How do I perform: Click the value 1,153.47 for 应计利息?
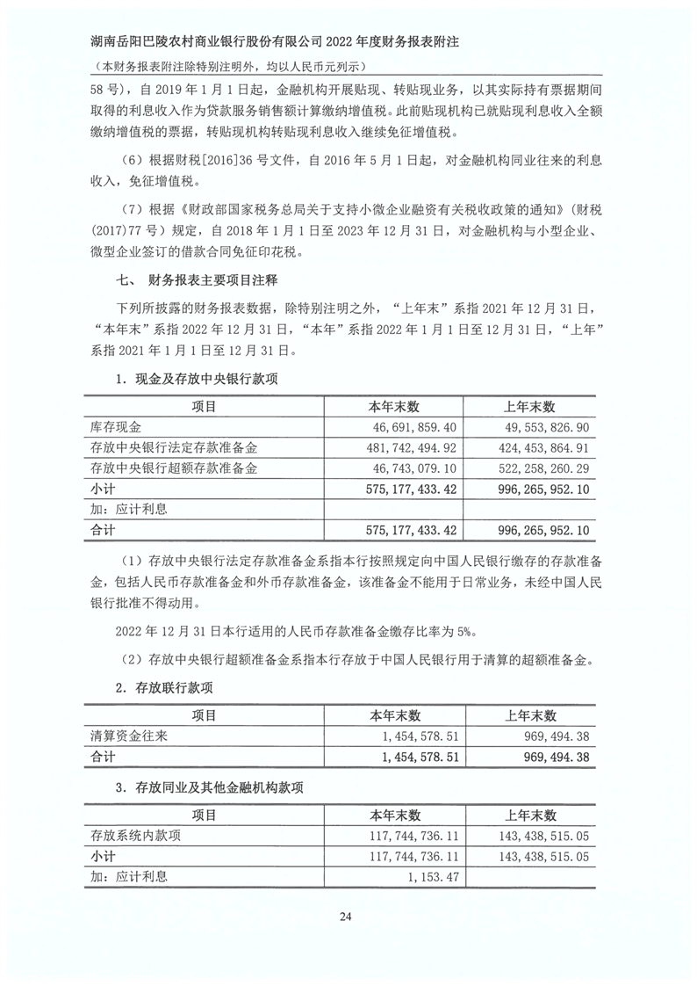pos(430,876)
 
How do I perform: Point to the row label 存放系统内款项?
pos(135,836)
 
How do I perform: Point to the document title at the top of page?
pos(294,41)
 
